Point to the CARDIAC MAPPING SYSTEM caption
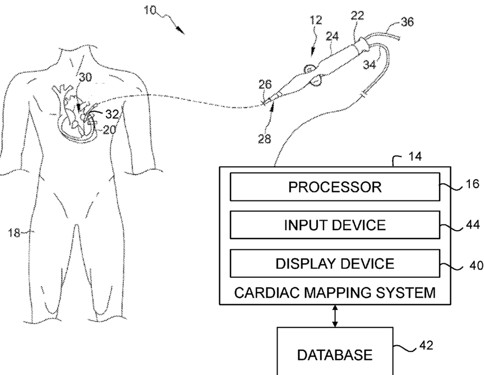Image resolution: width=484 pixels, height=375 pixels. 335,292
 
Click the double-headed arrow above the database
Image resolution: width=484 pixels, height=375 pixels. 335,316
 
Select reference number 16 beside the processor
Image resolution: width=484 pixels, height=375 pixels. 472,184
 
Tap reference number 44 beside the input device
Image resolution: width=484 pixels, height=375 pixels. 473,225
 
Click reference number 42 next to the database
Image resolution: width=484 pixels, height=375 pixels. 426,345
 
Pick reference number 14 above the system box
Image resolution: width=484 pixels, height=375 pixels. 415,157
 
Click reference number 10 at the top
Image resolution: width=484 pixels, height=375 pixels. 150,11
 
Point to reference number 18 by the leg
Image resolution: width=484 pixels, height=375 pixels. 14,232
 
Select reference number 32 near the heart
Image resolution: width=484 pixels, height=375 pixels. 112,115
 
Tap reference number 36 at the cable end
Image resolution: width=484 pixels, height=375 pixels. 407,22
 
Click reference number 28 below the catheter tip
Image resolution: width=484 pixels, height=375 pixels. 265,139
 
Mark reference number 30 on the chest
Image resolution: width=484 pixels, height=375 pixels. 85,77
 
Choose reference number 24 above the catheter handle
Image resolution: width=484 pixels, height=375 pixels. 332,36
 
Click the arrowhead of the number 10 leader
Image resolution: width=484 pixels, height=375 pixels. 181,30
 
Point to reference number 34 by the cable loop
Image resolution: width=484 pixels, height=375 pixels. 370,65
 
